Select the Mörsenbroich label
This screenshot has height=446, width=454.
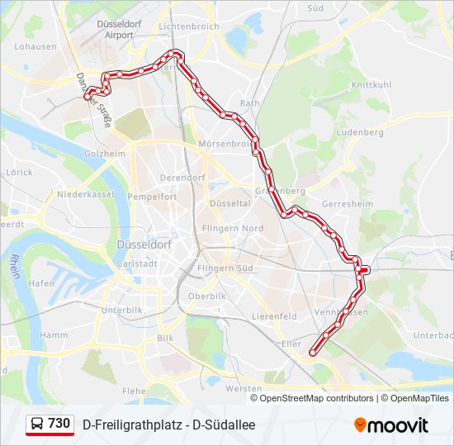click(x=225, y=144)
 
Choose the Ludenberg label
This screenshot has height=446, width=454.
click(x=361, y=132)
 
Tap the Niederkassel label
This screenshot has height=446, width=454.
click(x=84, y=194)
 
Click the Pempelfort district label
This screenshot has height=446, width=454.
click(x=153, y=197)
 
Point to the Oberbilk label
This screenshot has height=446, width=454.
click(x=207, y=296)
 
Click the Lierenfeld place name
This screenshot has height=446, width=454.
click(x=274, y=316)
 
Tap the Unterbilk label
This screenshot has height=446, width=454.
click(x=122, y=310)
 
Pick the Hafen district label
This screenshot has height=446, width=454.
click(x=41, y=282)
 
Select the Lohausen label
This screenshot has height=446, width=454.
click(x=35, y=47)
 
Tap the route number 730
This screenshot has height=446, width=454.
click(x=59, y=424)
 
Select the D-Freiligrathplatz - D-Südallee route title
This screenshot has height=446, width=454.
click(x=169, y=425)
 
